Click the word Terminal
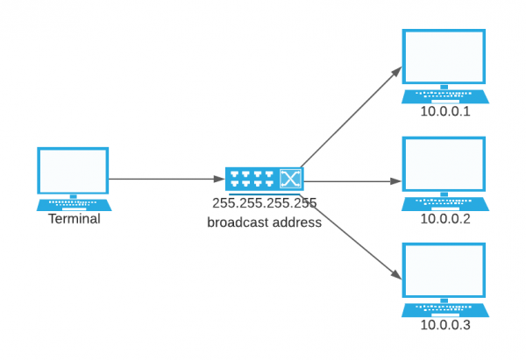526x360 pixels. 74,219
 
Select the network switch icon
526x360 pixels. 264,180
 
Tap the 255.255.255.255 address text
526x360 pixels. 264,203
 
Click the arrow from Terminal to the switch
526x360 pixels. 167,179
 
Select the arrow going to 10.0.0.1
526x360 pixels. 351,118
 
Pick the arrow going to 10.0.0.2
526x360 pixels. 351,181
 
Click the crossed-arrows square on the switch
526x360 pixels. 290,180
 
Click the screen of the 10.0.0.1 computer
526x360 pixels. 443,57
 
